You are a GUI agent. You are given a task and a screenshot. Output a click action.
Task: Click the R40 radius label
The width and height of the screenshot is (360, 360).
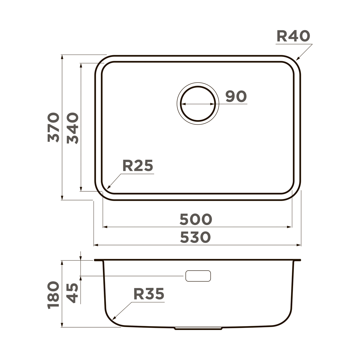[293, 36]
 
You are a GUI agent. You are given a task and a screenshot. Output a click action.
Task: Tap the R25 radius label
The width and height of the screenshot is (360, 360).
[138, 166]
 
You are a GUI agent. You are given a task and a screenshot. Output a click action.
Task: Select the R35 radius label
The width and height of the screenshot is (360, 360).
[149, 294]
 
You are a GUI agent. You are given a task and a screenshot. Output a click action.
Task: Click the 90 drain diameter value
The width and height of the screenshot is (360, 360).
[236, 97]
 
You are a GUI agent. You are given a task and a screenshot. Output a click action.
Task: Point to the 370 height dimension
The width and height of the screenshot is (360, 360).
[53, 127]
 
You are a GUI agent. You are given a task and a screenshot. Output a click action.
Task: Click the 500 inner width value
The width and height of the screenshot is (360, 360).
[196, 219]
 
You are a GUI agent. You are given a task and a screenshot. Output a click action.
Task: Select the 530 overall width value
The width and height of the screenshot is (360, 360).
[196, 237]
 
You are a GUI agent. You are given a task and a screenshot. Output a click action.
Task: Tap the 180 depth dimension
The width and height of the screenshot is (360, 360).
[53, 295]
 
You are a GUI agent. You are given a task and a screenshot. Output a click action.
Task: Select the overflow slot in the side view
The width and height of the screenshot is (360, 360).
[198, 276]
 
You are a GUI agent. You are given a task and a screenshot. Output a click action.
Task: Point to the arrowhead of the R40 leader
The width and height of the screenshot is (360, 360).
[297, 59]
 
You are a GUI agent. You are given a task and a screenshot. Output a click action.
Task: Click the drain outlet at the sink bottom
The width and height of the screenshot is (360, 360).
[198, 328]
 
